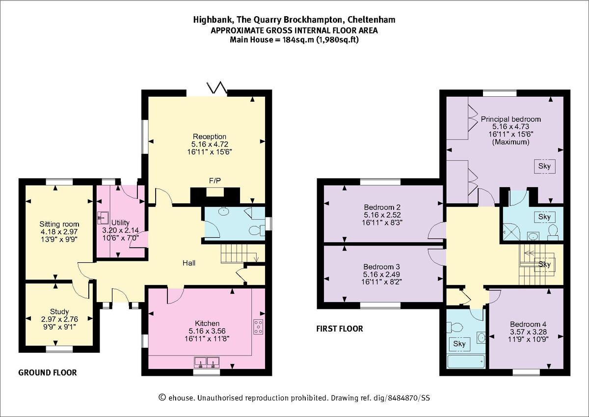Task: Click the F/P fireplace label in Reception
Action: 215,180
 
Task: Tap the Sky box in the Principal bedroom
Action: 544,167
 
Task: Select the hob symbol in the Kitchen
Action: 258,327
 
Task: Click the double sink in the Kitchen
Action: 207,362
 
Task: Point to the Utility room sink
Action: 103,218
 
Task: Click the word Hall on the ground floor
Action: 189,263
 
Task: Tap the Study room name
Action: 59,312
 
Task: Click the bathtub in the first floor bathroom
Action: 466,362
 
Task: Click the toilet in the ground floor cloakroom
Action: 257,231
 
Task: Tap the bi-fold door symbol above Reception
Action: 217,88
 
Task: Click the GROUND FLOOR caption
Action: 48,372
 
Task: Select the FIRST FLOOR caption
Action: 340,329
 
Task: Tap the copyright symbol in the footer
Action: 162,397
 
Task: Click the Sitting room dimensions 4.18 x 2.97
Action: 59,232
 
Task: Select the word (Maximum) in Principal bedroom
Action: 510,142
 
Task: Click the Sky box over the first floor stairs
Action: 544,264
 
